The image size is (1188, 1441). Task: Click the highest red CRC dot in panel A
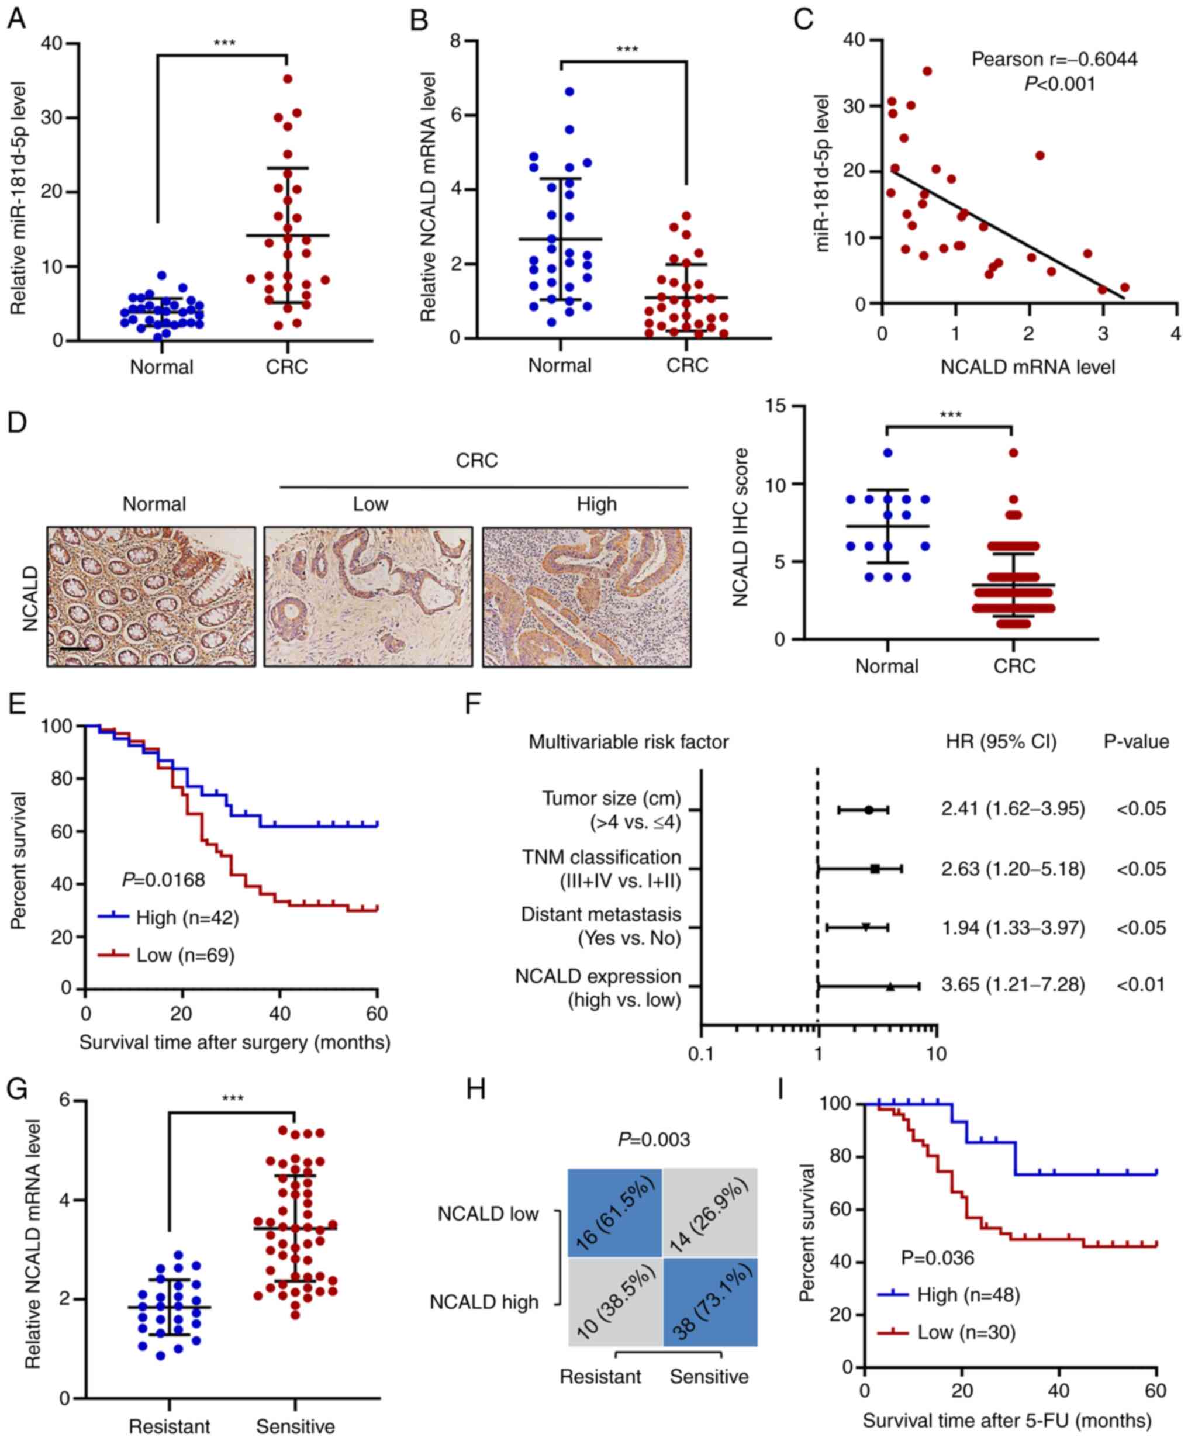[288, 79]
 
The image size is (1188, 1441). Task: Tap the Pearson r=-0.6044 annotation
[1054, 60]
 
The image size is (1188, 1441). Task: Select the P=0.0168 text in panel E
[163, 879]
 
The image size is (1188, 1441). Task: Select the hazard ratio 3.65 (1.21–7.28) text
[1013, 984]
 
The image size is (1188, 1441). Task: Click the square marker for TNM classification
[875, 869]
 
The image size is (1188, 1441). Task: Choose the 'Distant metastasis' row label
[601, 915]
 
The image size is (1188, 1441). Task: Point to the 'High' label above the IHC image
[597, 504]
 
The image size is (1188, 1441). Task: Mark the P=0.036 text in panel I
[937, 1257]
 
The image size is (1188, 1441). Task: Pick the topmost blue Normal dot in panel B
[569, 91]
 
